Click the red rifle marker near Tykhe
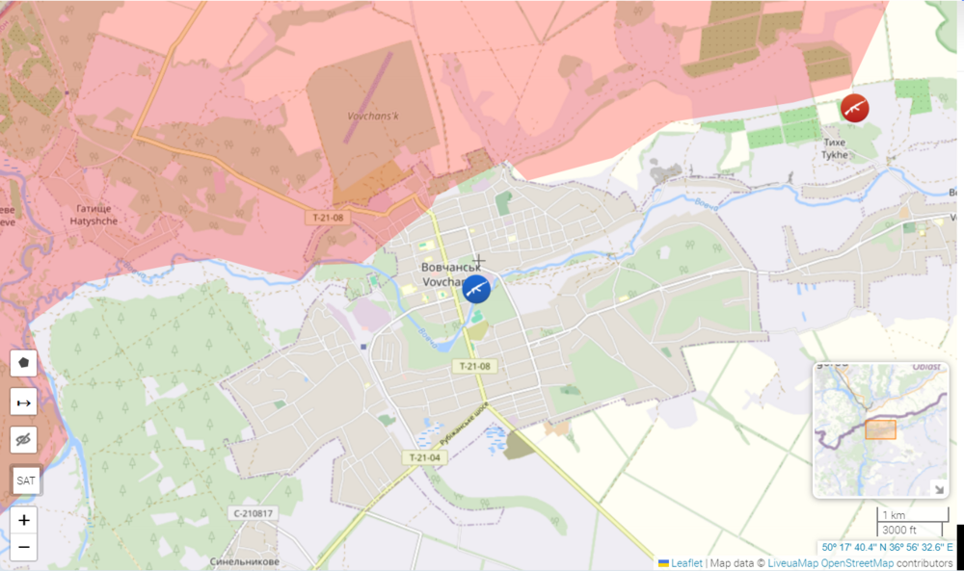854,108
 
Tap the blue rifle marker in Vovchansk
476,288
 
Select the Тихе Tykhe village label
834,148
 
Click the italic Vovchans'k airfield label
378,116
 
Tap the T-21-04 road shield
424,457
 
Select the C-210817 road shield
254,513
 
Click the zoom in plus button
24,520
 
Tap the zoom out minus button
24,547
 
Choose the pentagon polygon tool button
24,363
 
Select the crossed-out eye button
24,440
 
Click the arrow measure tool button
24,402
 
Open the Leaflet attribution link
686,563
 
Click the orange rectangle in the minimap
880,429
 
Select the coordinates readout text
887,547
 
